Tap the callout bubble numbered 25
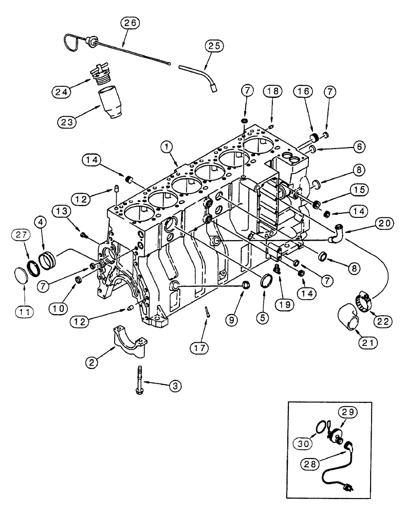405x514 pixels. click(215, 46)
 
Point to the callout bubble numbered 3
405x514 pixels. click(176, 384)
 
